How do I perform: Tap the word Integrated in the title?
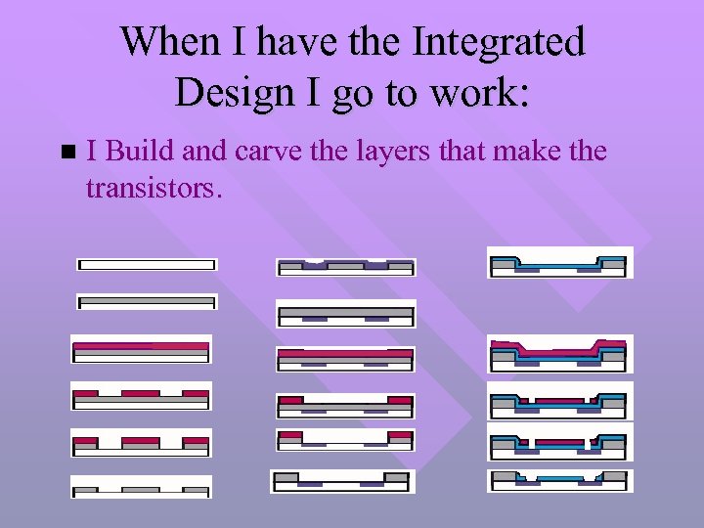point(499,42)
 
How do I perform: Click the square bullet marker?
point(66,153)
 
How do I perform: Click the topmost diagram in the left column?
point(147,264)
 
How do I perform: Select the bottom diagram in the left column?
point(141,486)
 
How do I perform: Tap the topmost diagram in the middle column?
point(346,267)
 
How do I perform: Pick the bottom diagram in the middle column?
point(342,481)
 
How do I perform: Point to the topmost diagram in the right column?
point(560,263)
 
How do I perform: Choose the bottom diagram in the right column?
point(560,480)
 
